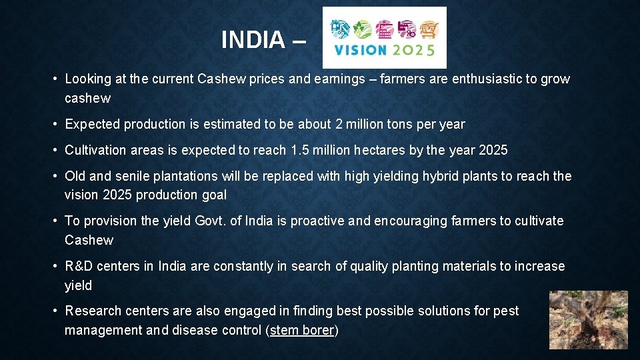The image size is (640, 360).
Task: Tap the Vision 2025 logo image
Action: (x=384, y=37)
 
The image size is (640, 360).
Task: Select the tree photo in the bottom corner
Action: (x=588, y=320)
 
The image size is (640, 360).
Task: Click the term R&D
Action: (x=79, y=266)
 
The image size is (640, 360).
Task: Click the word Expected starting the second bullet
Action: (x=91, y=124)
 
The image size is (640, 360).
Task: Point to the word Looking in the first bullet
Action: (x=87, y=79)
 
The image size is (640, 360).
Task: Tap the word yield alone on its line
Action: (x=78, y=285)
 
